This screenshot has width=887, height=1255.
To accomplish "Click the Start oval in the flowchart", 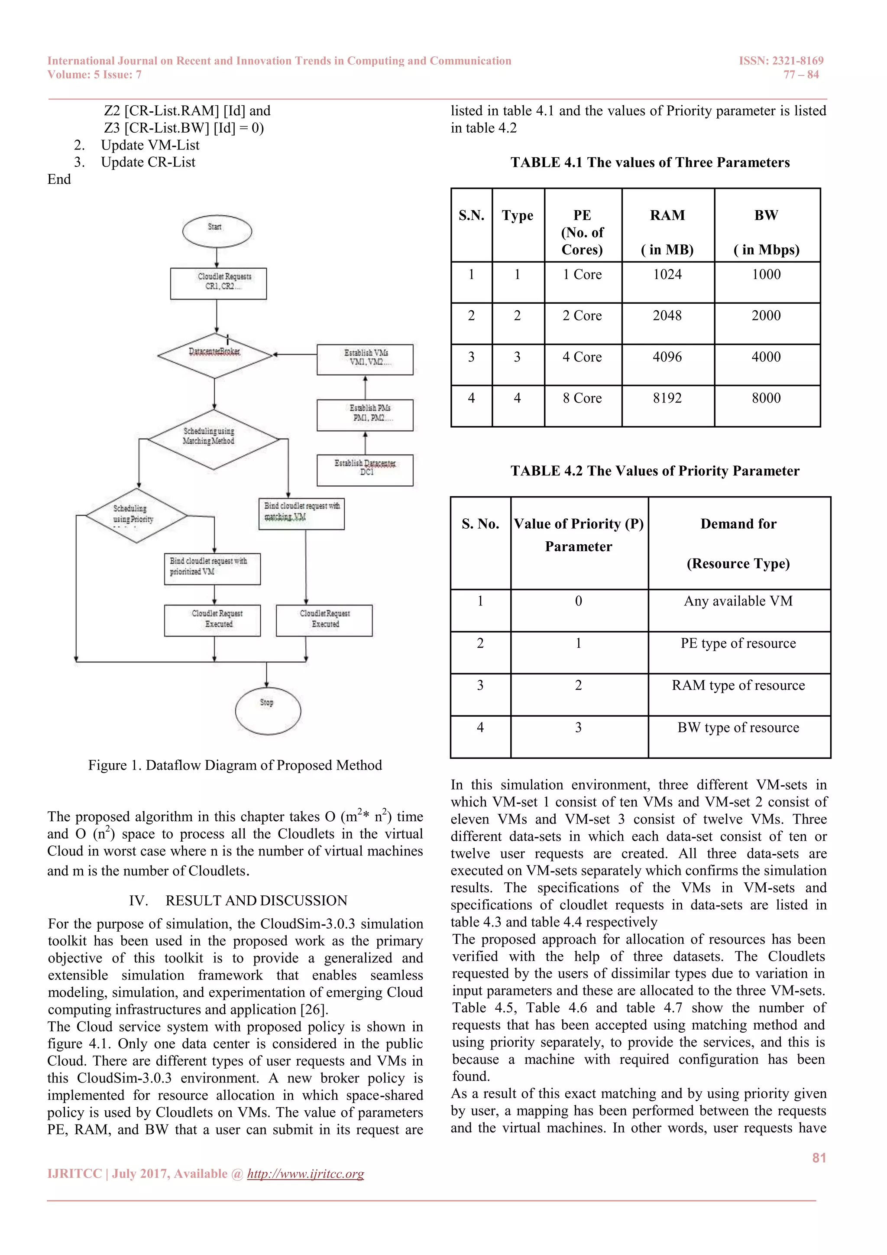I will (x=217, y=231).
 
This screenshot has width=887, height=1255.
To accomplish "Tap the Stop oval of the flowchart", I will (x=268, y=710).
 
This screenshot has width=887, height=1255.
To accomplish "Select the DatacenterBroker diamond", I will (x=215, y=355).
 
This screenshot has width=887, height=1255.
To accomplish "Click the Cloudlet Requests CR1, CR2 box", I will (x=218, y=283).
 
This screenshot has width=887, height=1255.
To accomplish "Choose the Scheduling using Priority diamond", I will (x=136, y=515).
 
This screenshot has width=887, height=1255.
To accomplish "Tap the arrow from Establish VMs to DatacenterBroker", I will (x=295, y=354).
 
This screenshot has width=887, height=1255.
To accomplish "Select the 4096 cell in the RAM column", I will (x=667, y=358).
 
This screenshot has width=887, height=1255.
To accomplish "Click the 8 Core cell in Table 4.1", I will (x=582, y=399).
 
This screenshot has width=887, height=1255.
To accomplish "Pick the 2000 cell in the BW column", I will (x=766, y=316).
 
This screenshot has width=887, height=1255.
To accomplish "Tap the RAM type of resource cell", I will (x=738, y=686).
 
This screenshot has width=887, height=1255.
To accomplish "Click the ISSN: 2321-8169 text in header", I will (x=781, y=61).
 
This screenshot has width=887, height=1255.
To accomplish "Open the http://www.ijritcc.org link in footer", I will (x=305, y=1174).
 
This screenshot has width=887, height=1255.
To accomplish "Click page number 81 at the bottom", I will (x=819, y=1157).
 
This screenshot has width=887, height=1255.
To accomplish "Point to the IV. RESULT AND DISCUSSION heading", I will (x=238, y=900).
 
